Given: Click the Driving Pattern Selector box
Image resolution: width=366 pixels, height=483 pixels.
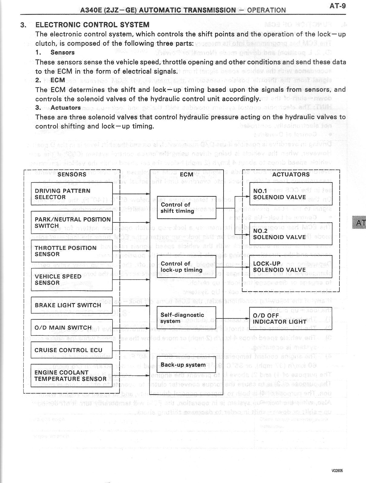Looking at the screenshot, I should point(72,194).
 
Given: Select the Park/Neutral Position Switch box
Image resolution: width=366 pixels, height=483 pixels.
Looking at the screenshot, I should point(72,222).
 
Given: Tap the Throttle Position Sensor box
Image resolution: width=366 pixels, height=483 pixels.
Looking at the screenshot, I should point(72,251).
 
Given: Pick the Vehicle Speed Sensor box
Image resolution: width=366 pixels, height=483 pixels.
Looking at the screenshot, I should point(72,279).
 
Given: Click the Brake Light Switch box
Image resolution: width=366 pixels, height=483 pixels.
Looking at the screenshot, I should point(72,305).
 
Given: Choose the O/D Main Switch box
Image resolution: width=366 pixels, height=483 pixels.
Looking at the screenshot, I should point(72,328).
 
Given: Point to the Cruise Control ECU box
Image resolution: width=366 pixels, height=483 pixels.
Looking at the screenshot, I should point(72,350).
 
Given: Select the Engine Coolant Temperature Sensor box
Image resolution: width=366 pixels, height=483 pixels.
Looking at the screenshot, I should point(72,375).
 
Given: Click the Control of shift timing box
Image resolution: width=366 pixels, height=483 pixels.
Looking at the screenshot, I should point(186,208).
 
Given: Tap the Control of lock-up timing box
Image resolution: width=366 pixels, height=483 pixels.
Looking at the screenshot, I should point(186,267).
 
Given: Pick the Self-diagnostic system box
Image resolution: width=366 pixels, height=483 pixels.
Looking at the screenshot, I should point(186,318).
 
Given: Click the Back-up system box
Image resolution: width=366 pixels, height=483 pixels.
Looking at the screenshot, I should point(186,365).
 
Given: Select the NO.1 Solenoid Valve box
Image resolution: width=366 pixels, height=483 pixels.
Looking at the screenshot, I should point(291,194).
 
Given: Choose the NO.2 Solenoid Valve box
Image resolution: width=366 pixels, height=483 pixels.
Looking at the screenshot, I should point(291,234).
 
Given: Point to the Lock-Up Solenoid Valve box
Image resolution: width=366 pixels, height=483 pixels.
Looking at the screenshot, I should point(291,267).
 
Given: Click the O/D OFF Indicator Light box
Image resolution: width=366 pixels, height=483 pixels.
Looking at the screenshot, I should point(291,318).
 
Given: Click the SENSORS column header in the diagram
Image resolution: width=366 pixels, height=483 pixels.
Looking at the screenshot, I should point(72,174).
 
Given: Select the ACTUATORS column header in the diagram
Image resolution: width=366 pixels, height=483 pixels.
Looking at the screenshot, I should point(291,174).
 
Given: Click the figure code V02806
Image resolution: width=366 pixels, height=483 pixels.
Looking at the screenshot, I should point(337,471).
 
